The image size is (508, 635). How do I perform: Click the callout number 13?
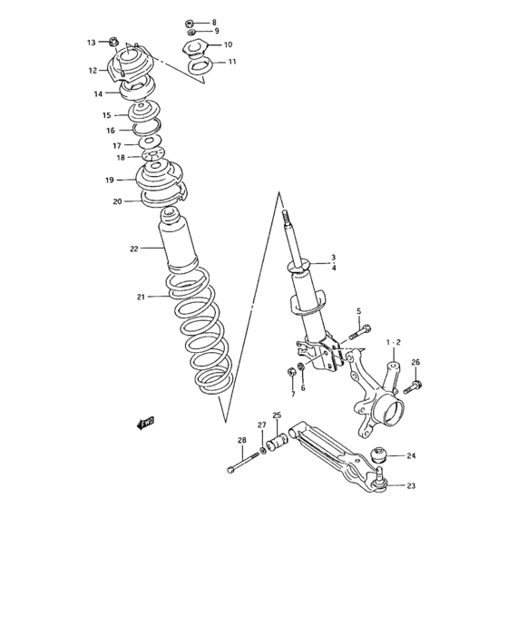tap(91, 42)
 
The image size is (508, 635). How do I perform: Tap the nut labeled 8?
tap(189, 23)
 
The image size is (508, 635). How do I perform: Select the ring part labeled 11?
tap(200, 66)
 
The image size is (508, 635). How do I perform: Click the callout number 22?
tap(134, 249)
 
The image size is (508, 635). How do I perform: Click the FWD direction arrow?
tap(146, 423)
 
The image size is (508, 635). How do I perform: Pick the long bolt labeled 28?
tap(243, 462)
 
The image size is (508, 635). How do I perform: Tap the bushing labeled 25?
tap(277, 443)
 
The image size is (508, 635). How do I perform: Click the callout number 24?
tap(411, 455)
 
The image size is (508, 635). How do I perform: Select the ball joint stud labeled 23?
tap(379, 480)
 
